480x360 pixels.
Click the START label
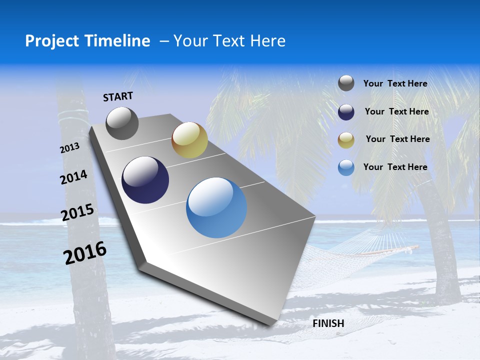[118, 96]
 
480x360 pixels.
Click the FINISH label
[328, 323]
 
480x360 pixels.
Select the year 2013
[70, 148]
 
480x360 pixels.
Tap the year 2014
[74, 177]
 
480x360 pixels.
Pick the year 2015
[77, 212]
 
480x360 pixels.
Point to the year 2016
[85, 252]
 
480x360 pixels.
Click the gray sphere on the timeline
[122, 123]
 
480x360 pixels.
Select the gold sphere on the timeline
[189, 140]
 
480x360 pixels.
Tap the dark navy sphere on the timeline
[145, 180]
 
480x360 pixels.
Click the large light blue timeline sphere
[216, 207]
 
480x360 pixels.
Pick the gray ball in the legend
[346, 83]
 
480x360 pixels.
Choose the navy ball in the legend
[346, 112]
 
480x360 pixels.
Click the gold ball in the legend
[346, 140]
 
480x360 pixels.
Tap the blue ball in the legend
[346, 167]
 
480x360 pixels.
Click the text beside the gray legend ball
[395, 83]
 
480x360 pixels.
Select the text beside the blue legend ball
[395, 167]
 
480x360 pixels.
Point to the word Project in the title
[50, 41]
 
